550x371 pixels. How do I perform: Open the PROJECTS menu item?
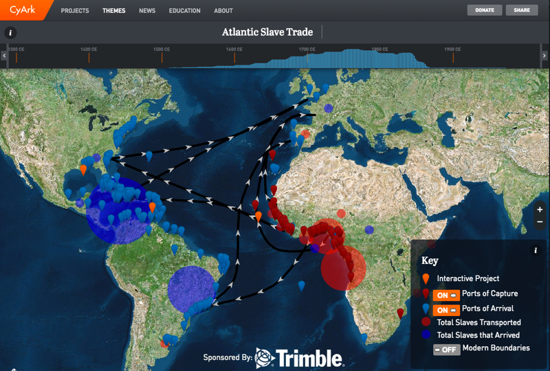(75, 11)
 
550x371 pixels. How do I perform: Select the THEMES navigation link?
(113, 11)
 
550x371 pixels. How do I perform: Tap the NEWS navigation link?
(147, 11)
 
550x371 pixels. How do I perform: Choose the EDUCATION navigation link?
(184, 11)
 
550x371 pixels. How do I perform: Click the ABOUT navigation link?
(223, 11)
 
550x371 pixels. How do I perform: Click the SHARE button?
(522, 10)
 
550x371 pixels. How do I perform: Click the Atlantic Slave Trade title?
(267, 32)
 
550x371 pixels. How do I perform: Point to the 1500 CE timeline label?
(162, 49)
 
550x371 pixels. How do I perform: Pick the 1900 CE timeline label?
(452, 49)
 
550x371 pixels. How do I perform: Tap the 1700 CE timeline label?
(307, 49)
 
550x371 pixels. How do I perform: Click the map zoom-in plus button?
(540, 209)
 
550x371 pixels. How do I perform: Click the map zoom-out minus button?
(540, 221)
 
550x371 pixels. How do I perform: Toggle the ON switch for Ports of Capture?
(446, 294)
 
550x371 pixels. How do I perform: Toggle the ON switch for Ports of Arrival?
(446, 309)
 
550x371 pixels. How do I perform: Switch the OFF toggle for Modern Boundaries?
(446, 349)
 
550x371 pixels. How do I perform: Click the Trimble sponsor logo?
(299, 357)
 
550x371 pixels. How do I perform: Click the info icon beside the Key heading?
(536, 251)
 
